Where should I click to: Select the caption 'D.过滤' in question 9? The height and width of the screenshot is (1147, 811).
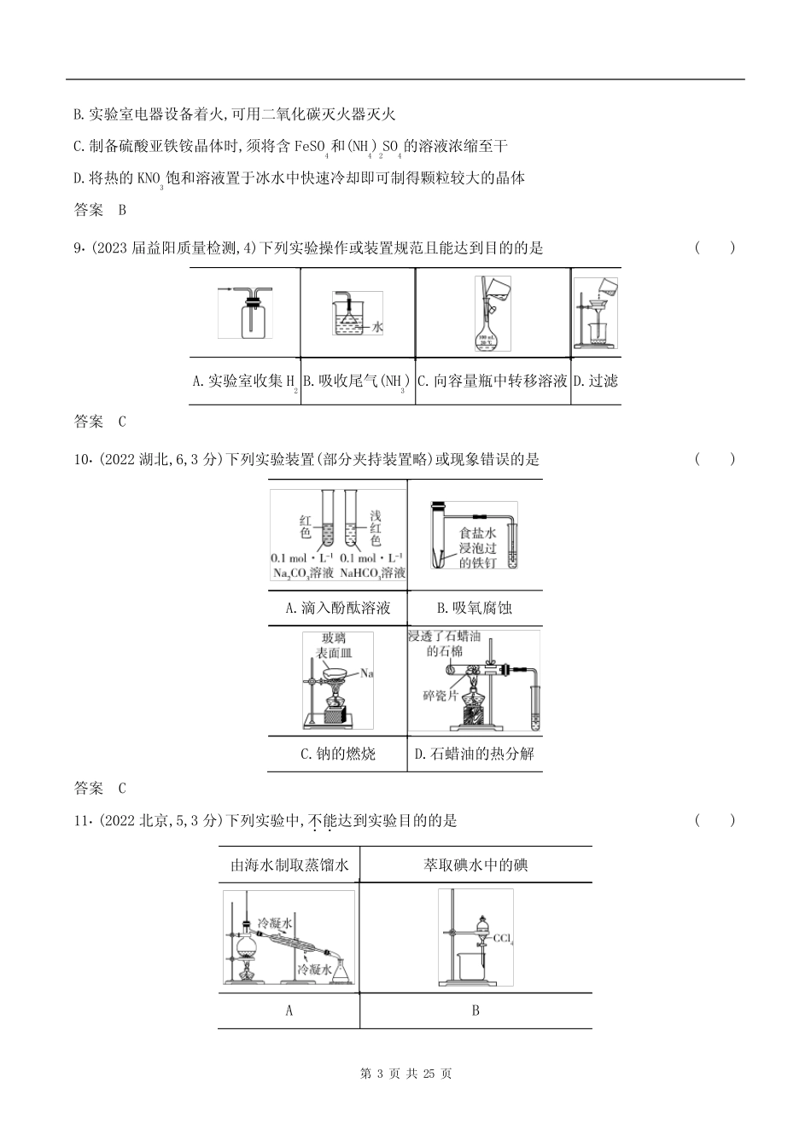pyautogui.click(x=596, y=381)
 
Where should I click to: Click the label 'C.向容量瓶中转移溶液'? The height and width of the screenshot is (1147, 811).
pyautogui.click(x=493, y=381)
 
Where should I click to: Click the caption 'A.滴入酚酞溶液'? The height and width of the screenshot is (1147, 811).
pyautogui.click(x=337, y=608)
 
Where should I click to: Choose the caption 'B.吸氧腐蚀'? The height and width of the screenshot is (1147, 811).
pyautogui.click(x=474, y=608)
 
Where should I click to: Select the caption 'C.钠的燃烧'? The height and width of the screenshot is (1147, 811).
pyautogui.click(x=337, y=754)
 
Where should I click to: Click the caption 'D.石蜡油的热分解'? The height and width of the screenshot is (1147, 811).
pyautogui.click(x=474, y=754)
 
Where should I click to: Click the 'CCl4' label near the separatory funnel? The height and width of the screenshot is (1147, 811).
pyautogui.click(x=503, y=941)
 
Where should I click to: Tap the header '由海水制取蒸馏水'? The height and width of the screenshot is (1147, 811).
pyautogui.click(x=289, y=865)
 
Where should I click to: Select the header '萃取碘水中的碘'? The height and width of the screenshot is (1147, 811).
pyautogui.click(x=476, y=865)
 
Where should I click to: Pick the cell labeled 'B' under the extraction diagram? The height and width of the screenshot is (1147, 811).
pyautogui.click(x=476, y=1010)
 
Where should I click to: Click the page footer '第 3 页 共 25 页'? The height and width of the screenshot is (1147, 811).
pyautogui.click(x=405, y=1074)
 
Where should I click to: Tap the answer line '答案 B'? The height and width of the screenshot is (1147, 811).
pyautogui.click(x=100, y=210)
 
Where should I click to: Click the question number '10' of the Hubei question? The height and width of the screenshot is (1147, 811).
pyautogui.click(x=82, y=459)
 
